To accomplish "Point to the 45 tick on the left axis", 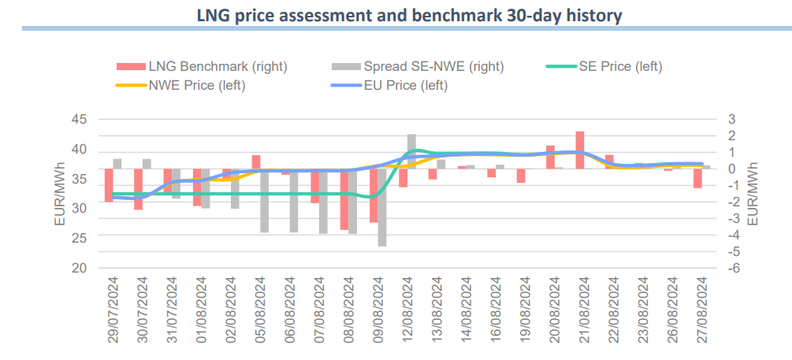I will tap(79, 120).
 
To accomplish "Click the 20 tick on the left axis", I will tap(79, 268).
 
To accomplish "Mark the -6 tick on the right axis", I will tap(731, 268).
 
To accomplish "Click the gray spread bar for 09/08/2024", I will tap(382, 207).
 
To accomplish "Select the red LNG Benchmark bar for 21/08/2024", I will tap(580, 150).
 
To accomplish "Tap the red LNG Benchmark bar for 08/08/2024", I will tap(344, 199).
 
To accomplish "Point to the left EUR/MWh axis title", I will tap(60, 193).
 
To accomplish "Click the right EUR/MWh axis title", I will tap(753, 193).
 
